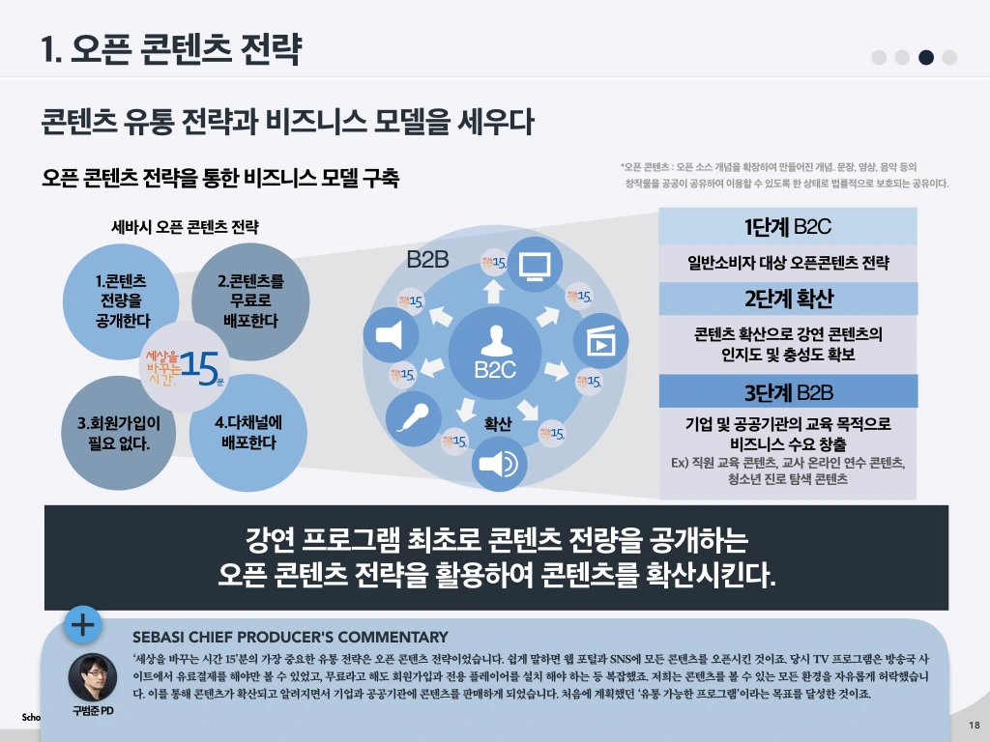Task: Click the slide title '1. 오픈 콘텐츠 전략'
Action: (x=171, y=48)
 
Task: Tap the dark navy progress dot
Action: (x=926, y=57)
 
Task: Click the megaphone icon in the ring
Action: (x=389, y=334)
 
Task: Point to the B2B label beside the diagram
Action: (x=428, y=260)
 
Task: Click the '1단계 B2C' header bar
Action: (x=788, y=227)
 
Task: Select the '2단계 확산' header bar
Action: (x=788, y=298)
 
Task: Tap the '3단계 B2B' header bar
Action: (x=788, y=392)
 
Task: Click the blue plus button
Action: (x=83, y=625)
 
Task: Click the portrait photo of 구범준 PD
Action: (x=93, y=676)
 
